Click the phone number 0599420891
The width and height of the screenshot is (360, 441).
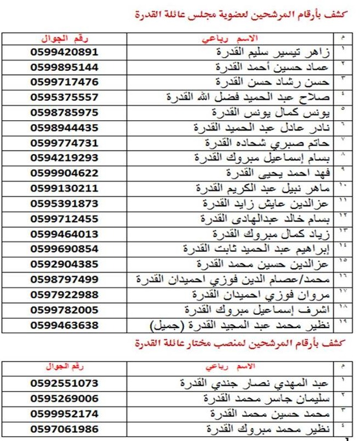click(65, 52)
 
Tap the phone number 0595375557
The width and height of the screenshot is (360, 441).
click(65, 97)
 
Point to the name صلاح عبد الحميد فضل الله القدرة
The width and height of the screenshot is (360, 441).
click(263, 97)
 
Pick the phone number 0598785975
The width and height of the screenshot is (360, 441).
click(65, 112)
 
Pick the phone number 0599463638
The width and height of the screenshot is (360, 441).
click(65, 325)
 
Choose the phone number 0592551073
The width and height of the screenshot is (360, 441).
click(65, 383)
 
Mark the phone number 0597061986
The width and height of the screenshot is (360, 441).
click(65, 428)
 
